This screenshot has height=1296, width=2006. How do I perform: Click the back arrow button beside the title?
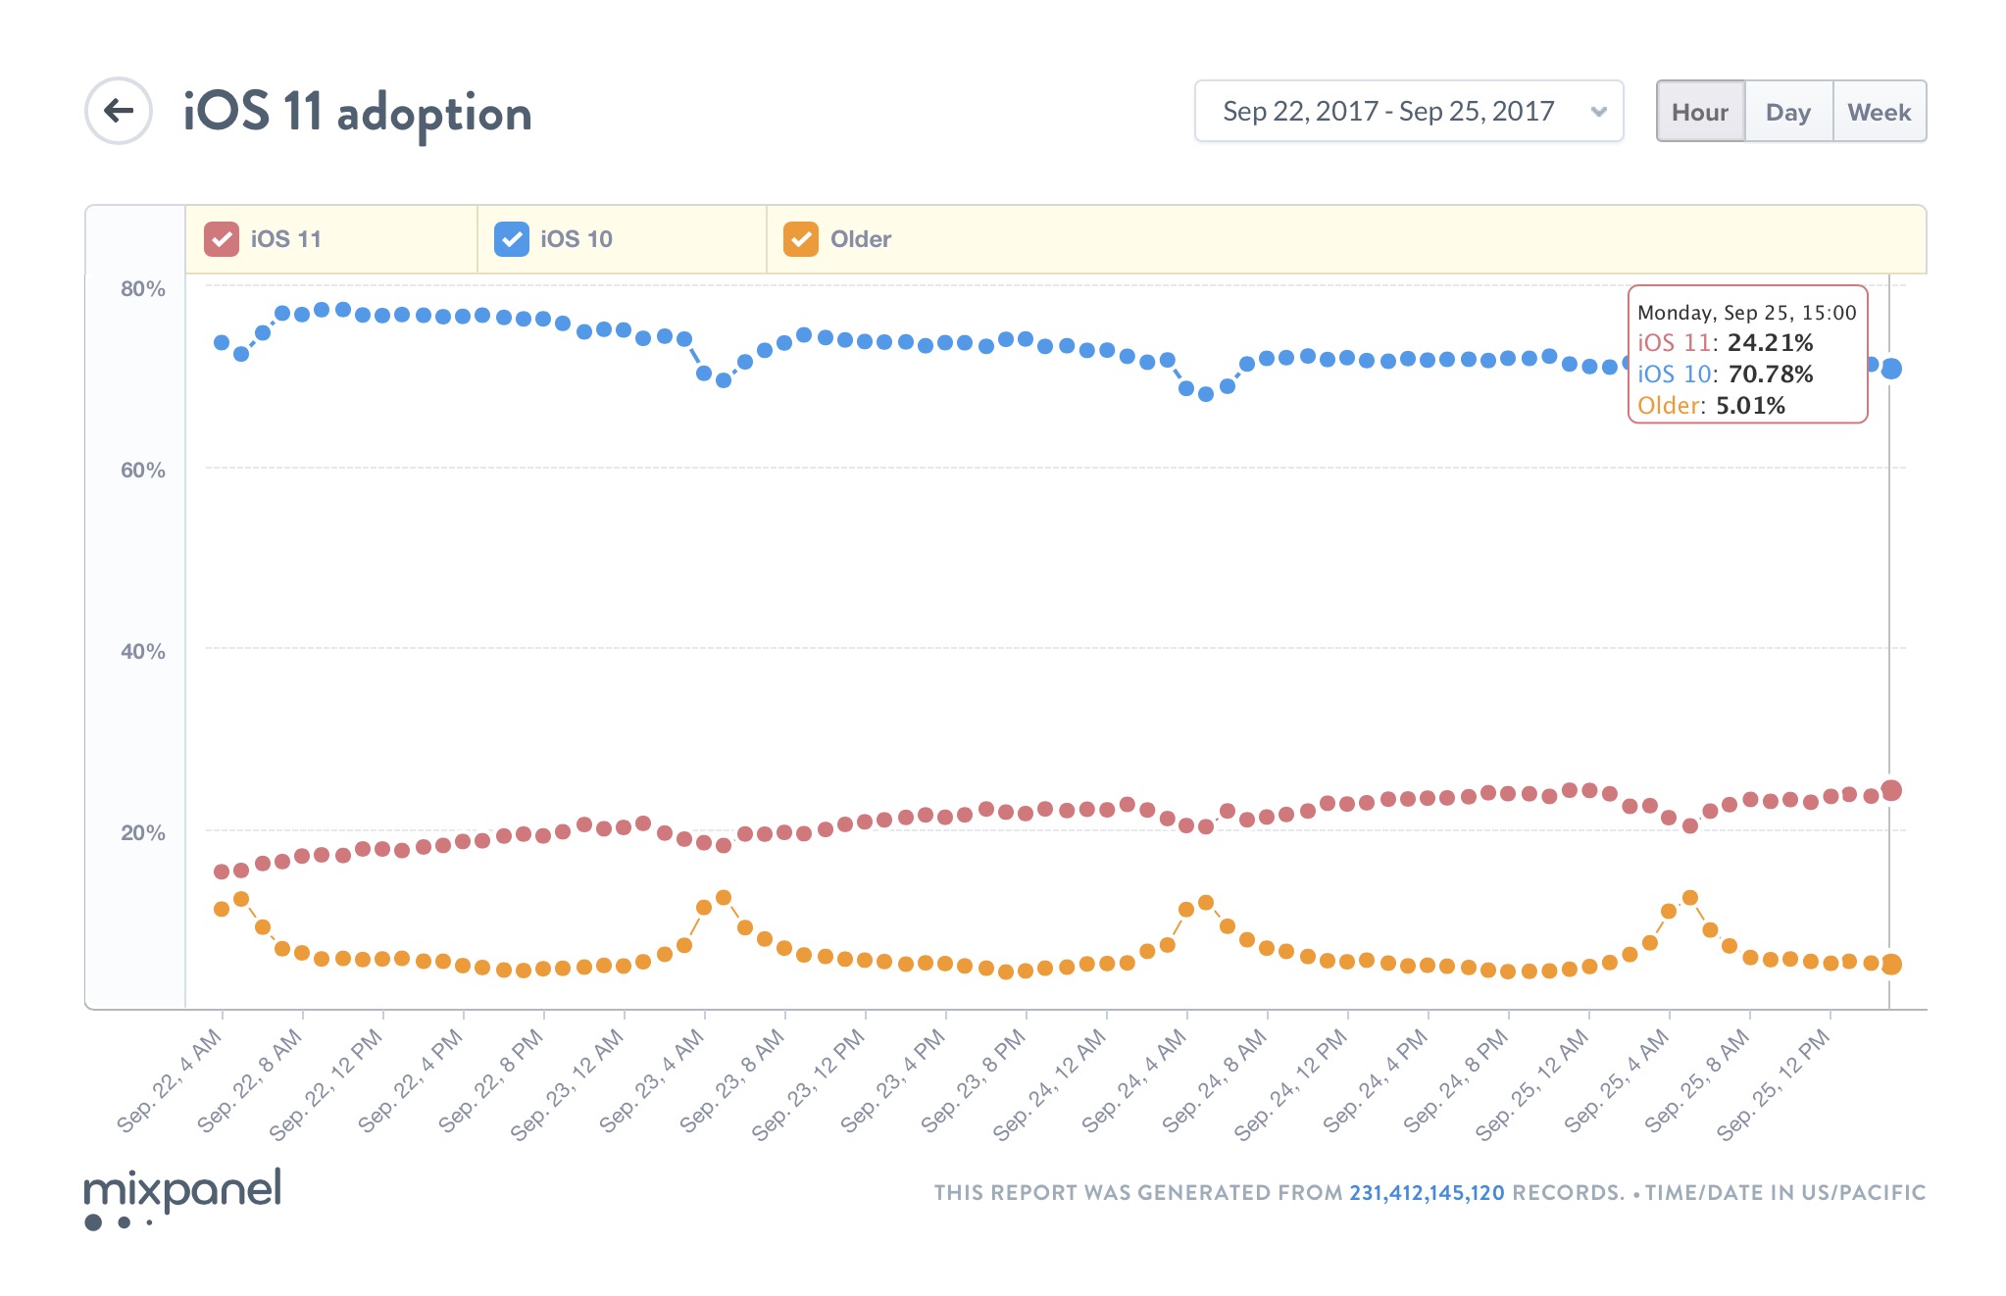coord(119,111)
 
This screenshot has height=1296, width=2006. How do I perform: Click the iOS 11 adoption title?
coord(357,112)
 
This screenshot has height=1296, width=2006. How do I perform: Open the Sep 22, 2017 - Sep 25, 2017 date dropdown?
coord(1408,112)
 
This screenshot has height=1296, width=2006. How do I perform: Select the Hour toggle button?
coord(1700,112)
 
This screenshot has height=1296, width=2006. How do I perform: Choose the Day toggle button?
coord(1788,112)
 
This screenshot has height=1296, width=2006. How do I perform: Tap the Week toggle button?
coord(1879,112)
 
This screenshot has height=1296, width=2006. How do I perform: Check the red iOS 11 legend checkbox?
coord(222,239)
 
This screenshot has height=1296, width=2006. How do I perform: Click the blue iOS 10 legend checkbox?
coord(512,239)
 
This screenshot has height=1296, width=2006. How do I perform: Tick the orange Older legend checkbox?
coord(801,239)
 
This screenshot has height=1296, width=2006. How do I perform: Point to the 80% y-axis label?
coord(143,289)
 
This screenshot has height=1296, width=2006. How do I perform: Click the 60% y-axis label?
coord(143,471)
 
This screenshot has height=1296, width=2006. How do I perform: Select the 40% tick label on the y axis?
coord(143,652)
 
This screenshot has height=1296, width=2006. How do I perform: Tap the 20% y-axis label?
coord(143,833)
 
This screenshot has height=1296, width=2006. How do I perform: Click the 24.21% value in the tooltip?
coord(1770,343)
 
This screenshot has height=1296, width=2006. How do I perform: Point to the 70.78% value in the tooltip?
coord(1770,374)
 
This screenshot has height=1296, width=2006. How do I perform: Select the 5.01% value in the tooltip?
coord(1750,406)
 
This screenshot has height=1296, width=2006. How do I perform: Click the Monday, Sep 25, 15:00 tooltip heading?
coord(1746,313)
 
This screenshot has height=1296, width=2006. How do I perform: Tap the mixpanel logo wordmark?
coord(183,1190)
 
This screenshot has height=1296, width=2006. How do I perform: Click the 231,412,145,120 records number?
coord(1427,1193)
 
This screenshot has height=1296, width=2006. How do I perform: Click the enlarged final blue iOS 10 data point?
coord(1891,369)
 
